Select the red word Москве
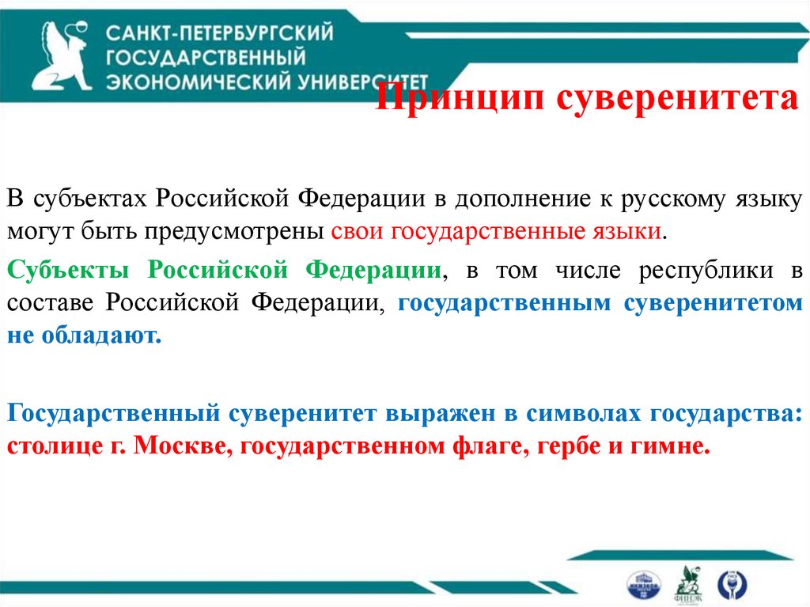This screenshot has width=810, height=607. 179,446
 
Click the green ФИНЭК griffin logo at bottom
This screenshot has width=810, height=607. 686,582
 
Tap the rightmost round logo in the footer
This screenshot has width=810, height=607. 731,583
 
